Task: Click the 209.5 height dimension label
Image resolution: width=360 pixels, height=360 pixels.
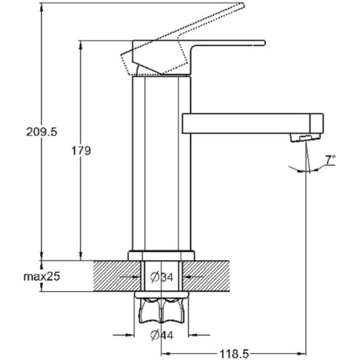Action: point(41,132)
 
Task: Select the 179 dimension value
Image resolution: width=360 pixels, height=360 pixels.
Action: point(81,151)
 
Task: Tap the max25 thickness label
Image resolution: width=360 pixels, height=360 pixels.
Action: point(41,276)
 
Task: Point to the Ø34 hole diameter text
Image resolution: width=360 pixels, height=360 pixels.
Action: point(162,277)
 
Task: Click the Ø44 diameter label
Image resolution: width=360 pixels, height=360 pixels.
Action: point(162,335)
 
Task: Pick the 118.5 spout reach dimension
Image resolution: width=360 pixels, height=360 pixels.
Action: point(234,354)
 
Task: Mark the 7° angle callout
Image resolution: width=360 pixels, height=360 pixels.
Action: point(330,159)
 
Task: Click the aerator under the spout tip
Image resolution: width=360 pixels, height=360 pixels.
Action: point(305,138)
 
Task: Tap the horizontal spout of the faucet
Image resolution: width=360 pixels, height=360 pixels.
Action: point(253,124)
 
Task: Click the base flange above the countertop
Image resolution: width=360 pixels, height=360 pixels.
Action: point(162,255)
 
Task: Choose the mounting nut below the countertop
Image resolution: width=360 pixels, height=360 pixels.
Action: point(162,307)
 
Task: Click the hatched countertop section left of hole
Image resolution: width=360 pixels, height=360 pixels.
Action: point(117,276)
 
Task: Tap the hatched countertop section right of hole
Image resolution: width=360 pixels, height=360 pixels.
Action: point(206,276)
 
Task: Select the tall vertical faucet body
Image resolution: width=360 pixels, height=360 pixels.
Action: point(162,163)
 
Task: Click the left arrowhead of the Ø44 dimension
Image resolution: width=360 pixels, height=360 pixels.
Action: point(130,335)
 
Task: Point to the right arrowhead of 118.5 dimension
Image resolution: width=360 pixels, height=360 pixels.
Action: point(302,353)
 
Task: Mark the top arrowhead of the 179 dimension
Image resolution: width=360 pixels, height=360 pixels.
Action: point(80,45)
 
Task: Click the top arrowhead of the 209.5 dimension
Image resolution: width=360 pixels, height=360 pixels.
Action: point(41,7)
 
